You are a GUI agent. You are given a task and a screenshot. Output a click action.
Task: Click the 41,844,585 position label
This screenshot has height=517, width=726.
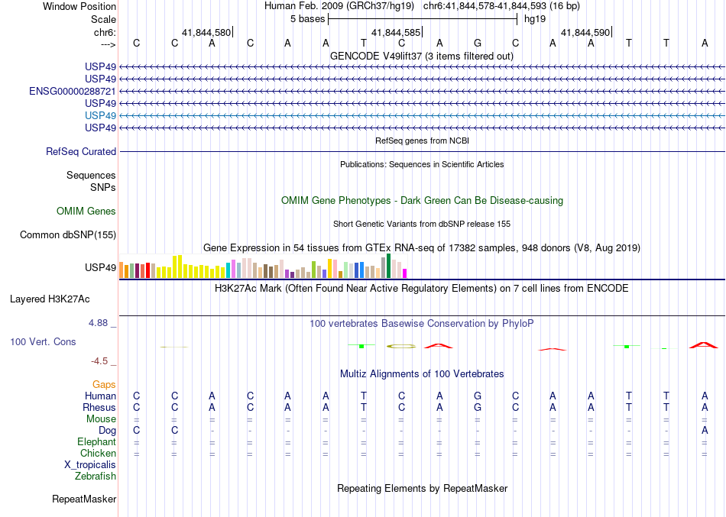[x=395, y=32]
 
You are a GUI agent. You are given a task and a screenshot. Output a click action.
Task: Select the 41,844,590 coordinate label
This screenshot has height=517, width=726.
[x=585, y=32]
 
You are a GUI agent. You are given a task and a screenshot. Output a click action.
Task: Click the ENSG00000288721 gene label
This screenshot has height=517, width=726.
[x=73, y=91]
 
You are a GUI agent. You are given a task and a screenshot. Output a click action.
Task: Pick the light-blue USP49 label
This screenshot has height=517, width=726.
[x=101, y=115]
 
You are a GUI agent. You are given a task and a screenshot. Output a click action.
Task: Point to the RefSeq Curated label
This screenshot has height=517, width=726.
[x=81, y=152]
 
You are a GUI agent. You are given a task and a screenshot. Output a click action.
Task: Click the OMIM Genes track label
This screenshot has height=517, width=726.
[x=86, y=212]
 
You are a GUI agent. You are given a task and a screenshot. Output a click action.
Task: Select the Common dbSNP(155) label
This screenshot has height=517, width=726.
[x=68, y=235]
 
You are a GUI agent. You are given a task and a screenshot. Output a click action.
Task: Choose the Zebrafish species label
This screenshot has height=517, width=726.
[x=96, y=477]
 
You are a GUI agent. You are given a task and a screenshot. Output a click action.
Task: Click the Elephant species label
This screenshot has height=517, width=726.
[x=96, y=442]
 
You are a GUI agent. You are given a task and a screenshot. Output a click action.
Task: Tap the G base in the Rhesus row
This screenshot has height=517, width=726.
[x=478, y=407]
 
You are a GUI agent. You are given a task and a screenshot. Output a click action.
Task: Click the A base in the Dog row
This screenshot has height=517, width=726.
[x=704, y=430]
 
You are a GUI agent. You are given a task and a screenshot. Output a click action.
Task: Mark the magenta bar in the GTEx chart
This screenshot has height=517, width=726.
[x=405, y=273]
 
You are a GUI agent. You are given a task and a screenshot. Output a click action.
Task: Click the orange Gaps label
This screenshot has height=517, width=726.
[x=104, y=385]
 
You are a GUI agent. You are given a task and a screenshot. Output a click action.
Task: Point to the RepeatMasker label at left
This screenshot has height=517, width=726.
[x=84, y=499]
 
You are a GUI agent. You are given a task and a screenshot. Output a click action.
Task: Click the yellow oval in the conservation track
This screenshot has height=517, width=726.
[x=401, y=347]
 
